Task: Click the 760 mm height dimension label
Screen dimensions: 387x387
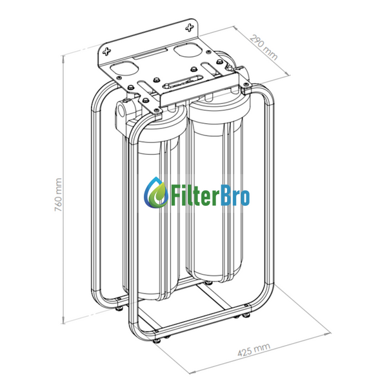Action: [x=58, y=195]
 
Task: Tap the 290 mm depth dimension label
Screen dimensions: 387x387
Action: [x=264, y=47]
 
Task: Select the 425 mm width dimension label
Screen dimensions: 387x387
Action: [x=254, y=350]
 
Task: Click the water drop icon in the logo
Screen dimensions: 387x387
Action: [x=156, y=192]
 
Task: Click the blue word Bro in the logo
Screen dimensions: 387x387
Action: [x=235, y=196]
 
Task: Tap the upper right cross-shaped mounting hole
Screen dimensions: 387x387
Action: [x=190, y=28]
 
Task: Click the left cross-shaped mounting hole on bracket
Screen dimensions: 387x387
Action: [x=107, y=52]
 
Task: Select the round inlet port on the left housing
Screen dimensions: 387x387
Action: [x=121, y=109]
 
